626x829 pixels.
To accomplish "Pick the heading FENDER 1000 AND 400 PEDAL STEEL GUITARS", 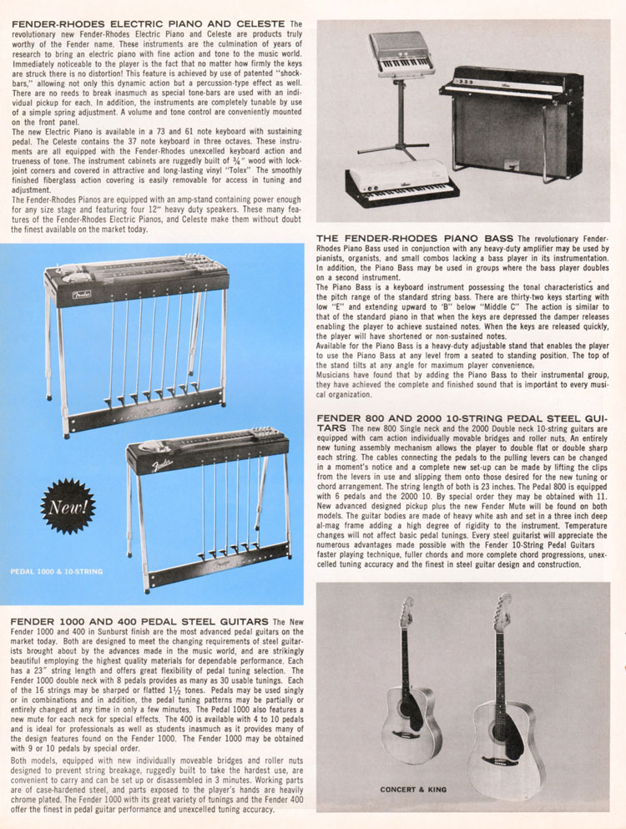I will (139, 621).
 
